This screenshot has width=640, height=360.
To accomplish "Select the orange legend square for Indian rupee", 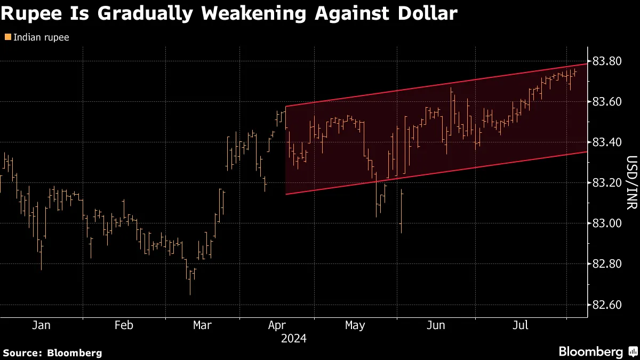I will pyautogui.click(x=7, y=37).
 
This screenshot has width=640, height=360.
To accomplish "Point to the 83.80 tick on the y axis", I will pyautogui.click(x=606, y=61).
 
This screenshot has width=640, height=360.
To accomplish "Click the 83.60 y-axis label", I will pyautogui.click(x=606, y=102).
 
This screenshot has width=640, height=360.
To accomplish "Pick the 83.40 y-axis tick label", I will pyautogui.click(x=606, y=142).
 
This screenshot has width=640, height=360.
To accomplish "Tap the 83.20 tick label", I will pyautogui.click(x=606, y=183).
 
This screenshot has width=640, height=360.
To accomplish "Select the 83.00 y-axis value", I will pyautogui.click(x=606, y=223).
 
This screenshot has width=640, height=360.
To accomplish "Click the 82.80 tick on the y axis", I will pyautogui.click(x=606, y=264).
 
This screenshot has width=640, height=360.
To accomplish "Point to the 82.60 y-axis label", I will pyautogui.click(x=606, y=305).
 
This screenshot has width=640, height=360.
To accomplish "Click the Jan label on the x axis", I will pyautogui.click(x=41, y=325).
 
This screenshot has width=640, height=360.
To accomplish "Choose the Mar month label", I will pyautogui.click(x=202, y=325).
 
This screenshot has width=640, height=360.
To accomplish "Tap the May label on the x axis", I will pyautogui.click(x=355, y=325).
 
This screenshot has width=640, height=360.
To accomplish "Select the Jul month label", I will pyautogui.click(x=521, y=325).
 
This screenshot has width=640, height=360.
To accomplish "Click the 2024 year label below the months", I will pyautogui.click(x=293, y=338).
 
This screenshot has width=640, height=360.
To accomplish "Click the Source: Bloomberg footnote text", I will pyautogui.click(x=52, y=353).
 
